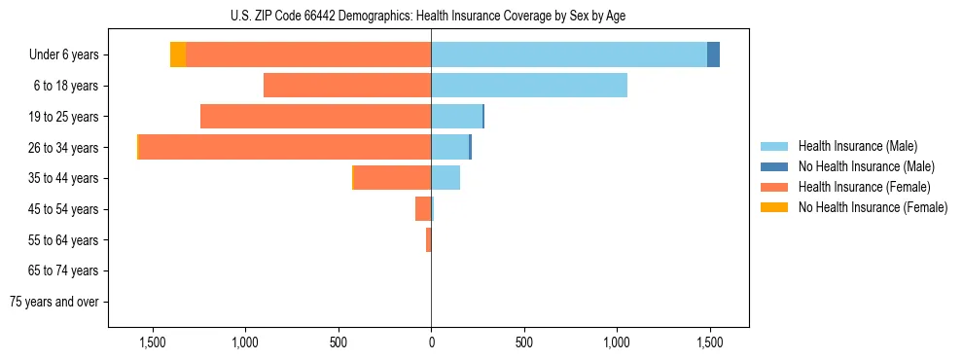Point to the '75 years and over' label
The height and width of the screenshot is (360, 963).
54,302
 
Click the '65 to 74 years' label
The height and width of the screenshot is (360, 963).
65,270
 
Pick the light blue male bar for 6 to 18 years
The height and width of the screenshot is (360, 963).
528,86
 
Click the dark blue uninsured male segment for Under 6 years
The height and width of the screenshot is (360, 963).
713,55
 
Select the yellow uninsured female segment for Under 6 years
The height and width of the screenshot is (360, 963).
178,55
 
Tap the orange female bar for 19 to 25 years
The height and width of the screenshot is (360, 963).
315,117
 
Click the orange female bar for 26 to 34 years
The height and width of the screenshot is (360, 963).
284,148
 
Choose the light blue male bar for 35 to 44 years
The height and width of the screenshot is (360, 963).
446,178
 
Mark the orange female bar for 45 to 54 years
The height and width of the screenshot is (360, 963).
423,209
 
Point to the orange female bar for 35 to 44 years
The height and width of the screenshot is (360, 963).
392,178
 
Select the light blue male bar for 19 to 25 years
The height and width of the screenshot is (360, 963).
456,117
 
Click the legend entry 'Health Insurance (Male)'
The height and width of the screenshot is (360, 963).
857,146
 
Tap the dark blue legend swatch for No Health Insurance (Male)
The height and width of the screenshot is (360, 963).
774,166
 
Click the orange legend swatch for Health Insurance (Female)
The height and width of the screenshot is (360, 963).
774,187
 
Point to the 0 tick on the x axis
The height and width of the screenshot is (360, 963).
431,342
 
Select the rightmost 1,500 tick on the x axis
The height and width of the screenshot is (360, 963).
709,342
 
